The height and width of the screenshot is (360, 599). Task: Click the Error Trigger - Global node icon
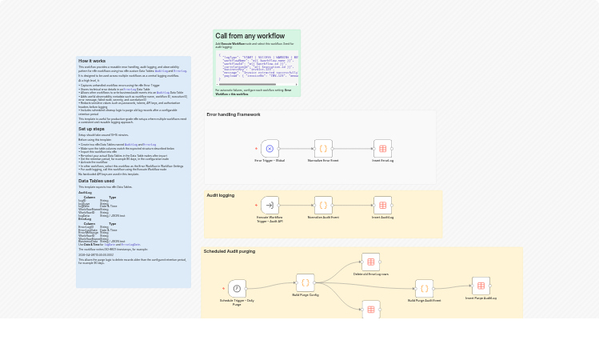[270, 149]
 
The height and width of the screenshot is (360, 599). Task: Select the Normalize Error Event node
[323, 149]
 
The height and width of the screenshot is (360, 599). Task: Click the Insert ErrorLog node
[382, 149]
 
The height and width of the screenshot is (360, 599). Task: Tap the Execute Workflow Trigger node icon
[270, 205]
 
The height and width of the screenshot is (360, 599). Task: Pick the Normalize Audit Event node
[323, 205]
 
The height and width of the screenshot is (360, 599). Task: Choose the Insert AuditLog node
[382, 205]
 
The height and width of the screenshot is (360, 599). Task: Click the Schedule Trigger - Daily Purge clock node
[237, 288]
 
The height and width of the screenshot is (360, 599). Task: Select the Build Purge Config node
[305, 282]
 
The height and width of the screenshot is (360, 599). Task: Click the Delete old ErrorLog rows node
[370, 262]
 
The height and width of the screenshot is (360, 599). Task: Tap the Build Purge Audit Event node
[424, 288]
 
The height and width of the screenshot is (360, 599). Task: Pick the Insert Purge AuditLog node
[481, 286]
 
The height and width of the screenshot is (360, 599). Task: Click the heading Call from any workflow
[250, 36]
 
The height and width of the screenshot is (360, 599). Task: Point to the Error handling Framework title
[234, 114]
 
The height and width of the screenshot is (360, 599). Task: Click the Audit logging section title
[221, 195]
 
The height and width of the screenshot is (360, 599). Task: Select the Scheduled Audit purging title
[230, 251]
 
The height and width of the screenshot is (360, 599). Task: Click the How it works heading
[92, 61]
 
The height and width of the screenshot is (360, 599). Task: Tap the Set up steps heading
[91, 129]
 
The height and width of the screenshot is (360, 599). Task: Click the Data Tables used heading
[96, 181]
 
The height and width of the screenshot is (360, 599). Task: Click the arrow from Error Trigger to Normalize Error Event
[296, 149]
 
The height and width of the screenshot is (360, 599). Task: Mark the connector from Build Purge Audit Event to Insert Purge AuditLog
[452, 287]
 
